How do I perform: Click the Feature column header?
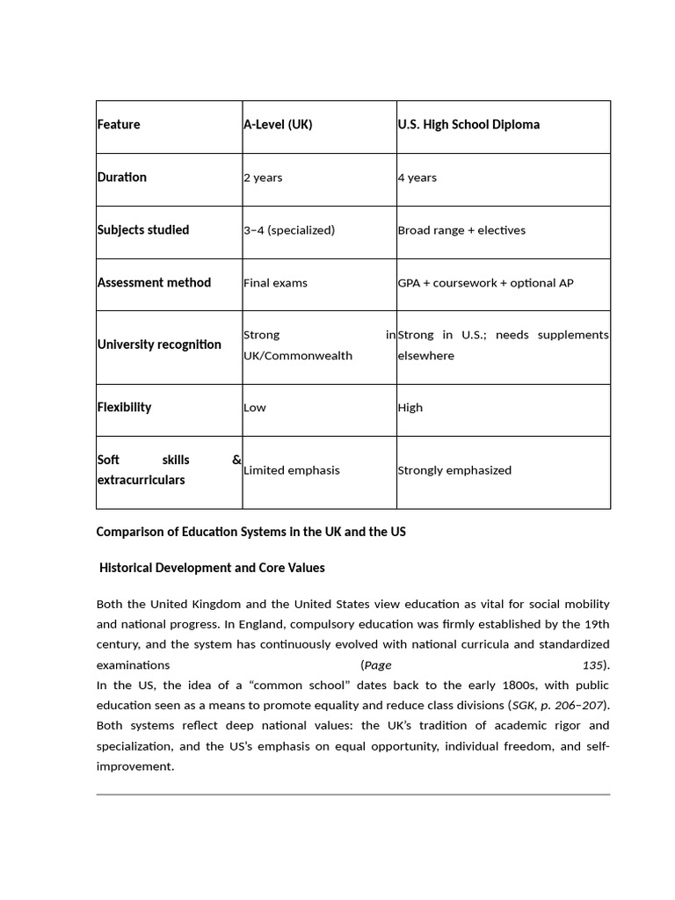[119, 125]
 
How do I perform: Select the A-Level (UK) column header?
[278, 125]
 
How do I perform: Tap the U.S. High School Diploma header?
[468, 125]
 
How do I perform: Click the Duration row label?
[122, 178]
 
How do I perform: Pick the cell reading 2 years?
[263, 178]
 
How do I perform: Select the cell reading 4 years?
[417, 178]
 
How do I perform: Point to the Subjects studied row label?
[143, 230]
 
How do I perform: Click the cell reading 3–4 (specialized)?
[289, 230]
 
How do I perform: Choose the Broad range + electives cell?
[461, 230]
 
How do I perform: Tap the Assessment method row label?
[154, 283]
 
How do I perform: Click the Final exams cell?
[275, 283]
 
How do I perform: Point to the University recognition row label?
[159, 345]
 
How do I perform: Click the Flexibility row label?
[124, 408]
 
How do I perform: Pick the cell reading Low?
[255, 408]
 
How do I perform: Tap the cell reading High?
[410, 408]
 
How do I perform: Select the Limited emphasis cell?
[291, 470]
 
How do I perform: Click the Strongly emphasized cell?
[454, 470]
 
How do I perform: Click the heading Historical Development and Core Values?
[212, 568]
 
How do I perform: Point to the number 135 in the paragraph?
[593, 665]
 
